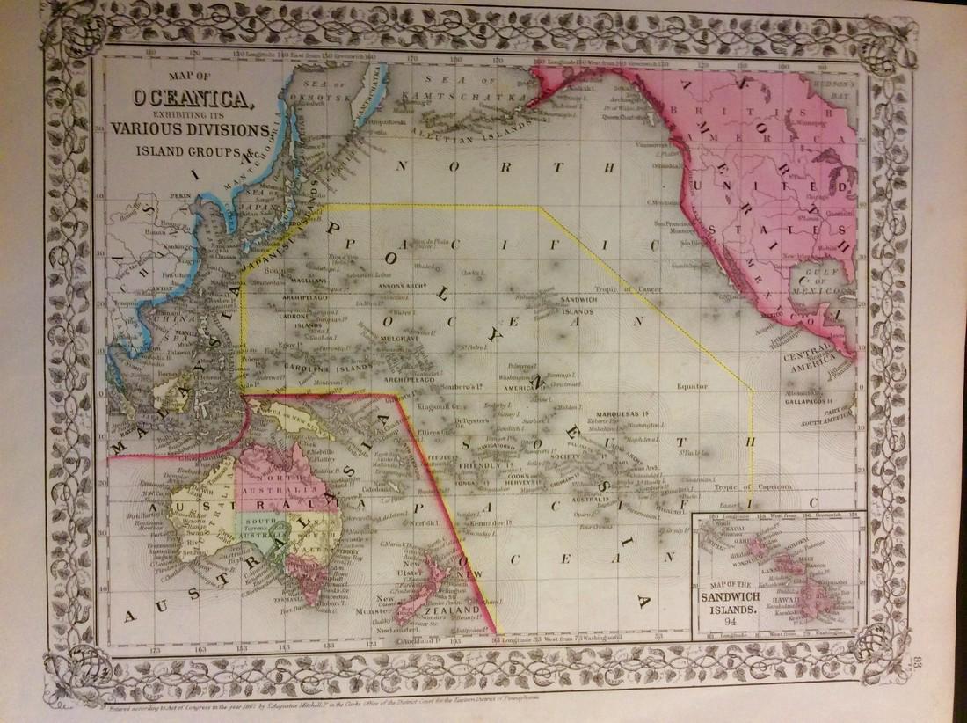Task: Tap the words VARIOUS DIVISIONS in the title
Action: click(190, 128)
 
